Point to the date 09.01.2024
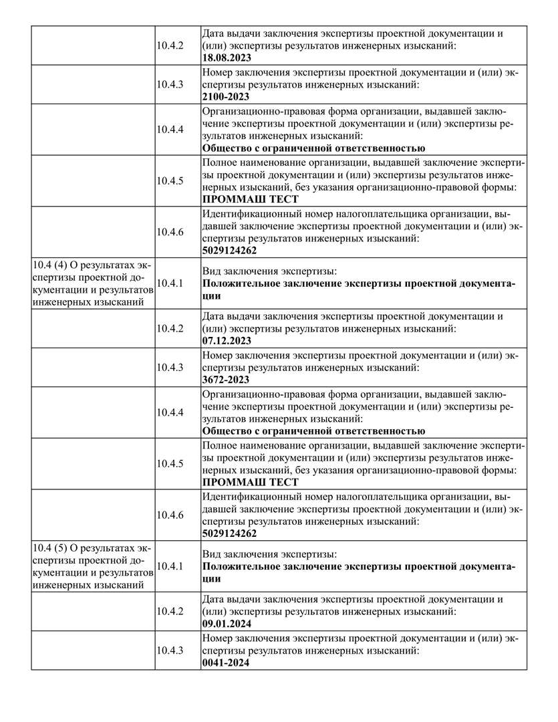(x=227, y=624)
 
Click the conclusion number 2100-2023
(x=225, y=97)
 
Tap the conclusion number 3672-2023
(x=225, y=380)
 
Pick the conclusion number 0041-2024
(x=225, y=663)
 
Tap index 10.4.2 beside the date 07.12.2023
(x=170, y=328)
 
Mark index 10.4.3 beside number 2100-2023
(x=170, y=84)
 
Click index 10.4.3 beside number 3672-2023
(x=170, y=367)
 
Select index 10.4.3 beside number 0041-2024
(x=170, y=650)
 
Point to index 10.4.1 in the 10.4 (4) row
(x=170, y=283)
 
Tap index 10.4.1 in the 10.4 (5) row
(x=170, y=566)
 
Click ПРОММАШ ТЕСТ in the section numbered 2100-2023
(x=250, y=199)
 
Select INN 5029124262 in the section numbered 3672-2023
(x=229, y=534)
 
